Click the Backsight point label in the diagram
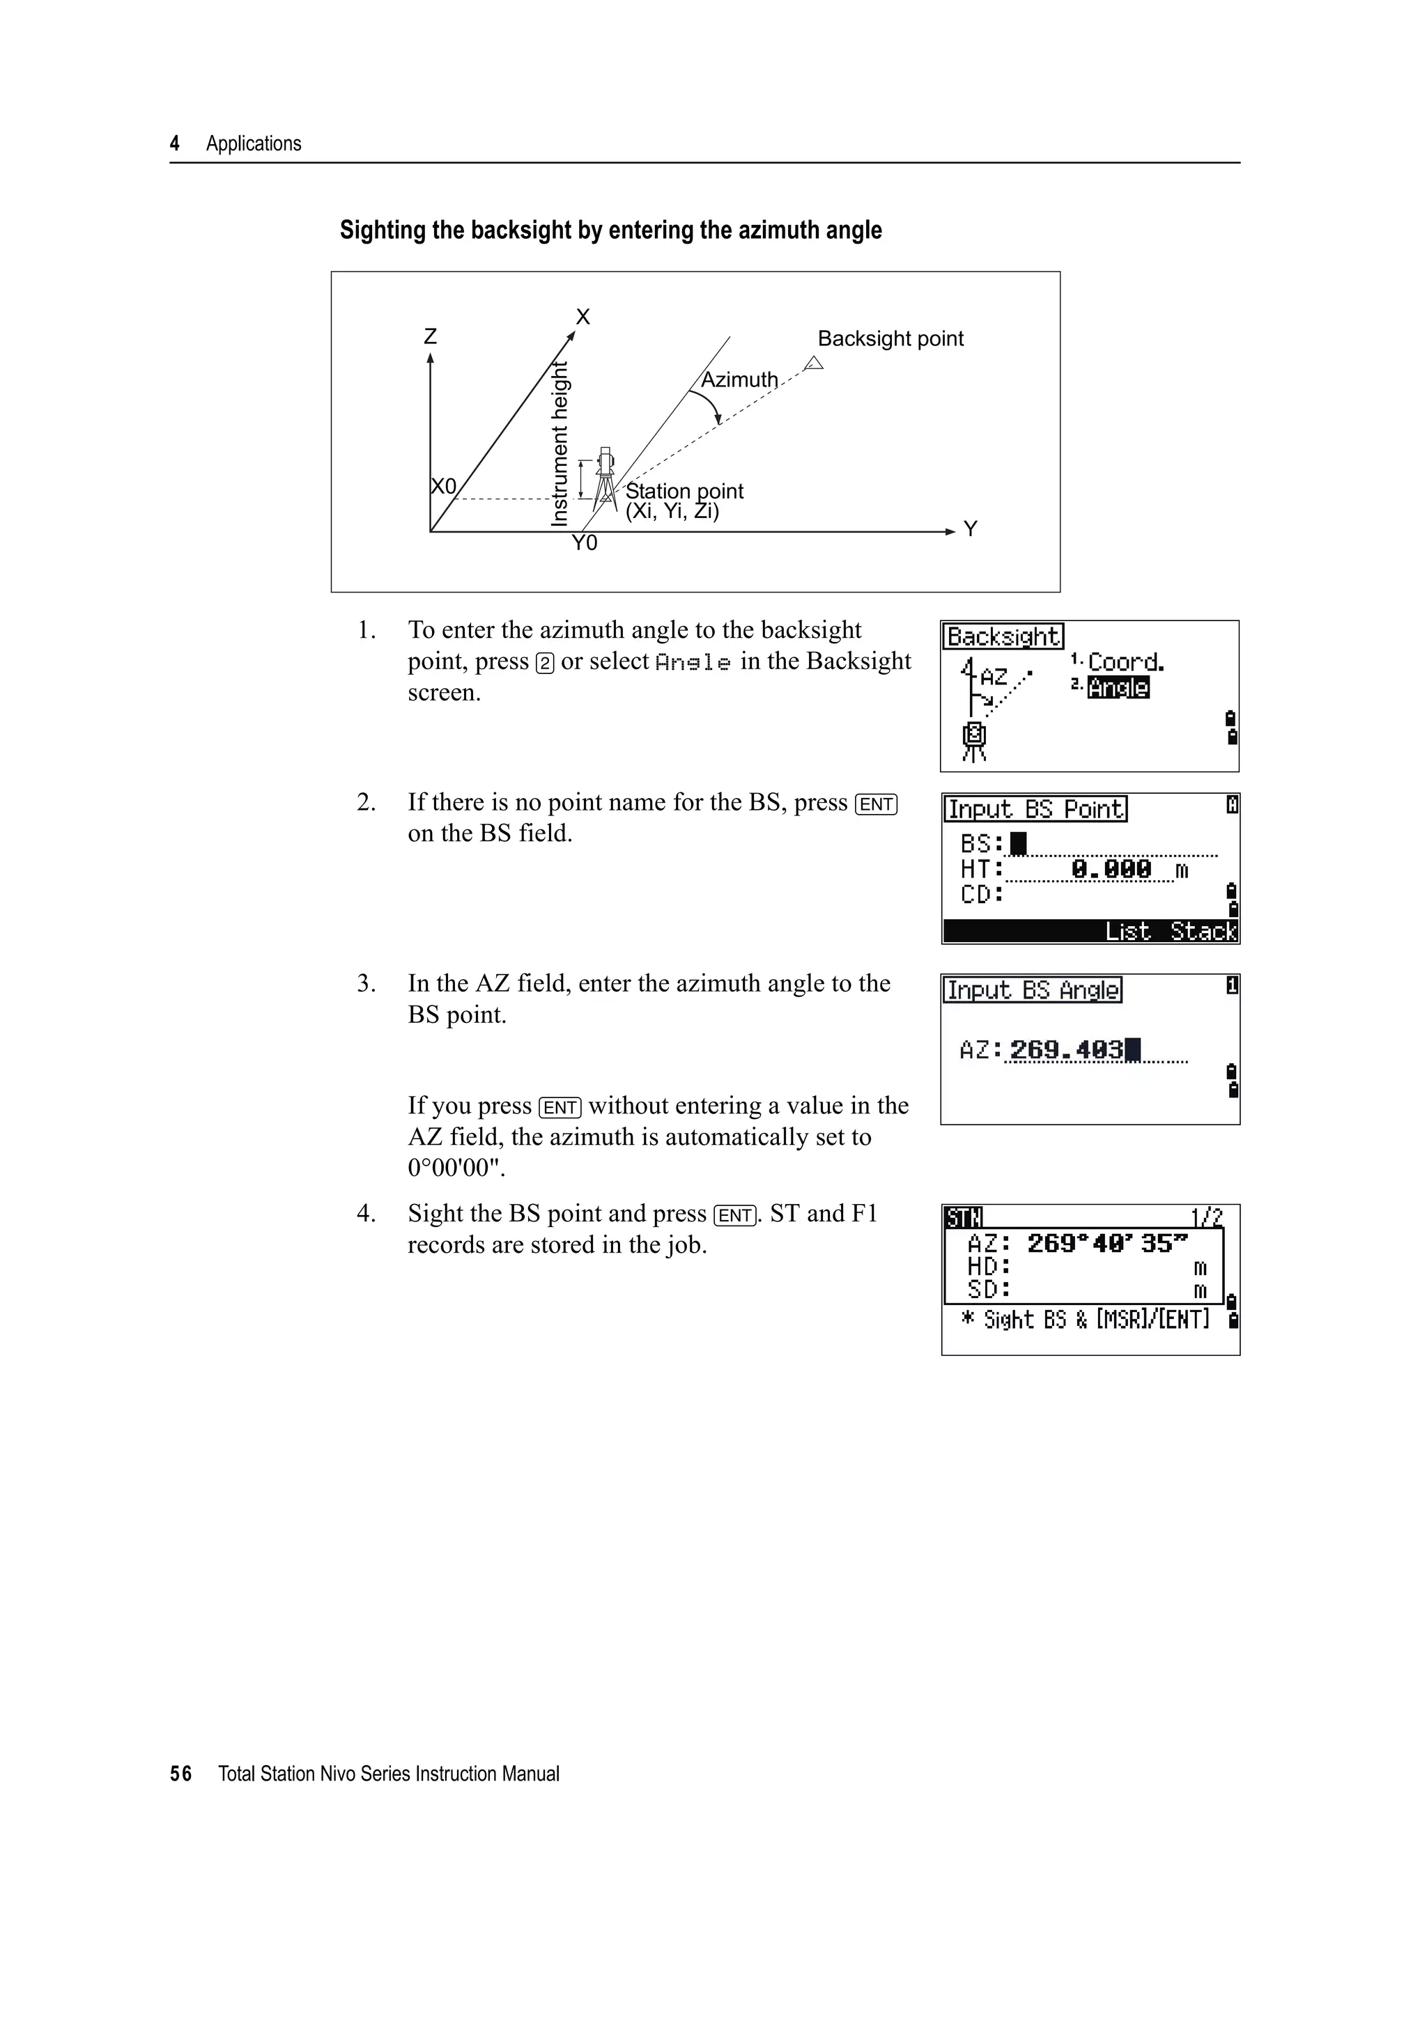pyautogui.click(x=890, y=338)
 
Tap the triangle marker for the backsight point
pyautogui.click(x=814, y=363)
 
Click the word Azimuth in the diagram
pyautogui.click(x=739, y=380)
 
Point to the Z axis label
pyautogui.click(x=430, y=336)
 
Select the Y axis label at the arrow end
pyautogui.click(x=970, y=529)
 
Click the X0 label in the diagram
pyautogui.click(x=444, y=487)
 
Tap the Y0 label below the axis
pyautogui.click(x=584, y=544)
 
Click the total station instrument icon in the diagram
pyautogui.click(x=605, y=479)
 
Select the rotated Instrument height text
pyautogui.click(x=560, y=444)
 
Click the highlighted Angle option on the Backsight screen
pyautogui.click(x=1118, y=687)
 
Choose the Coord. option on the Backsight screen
pyautogui.click(x=1125, y=662)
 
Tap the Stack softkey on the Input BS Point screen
pyautogui.click(x=1203, y=931)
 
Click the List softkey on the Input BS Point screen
pyautogui.click(x=1127, y=931)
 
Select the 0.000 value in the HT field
pyautogui.click(x=1111, y=869)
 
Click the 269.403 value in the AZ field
pyautogui.click(x=1067, y=1049)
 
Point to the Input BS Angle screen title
pyautogui.click(x=1033, y=990)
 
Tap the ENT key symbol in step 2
pyautogui.click(x=876, y=804)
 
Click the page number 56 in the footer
pyautogui.click(x=180, y=1774)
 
